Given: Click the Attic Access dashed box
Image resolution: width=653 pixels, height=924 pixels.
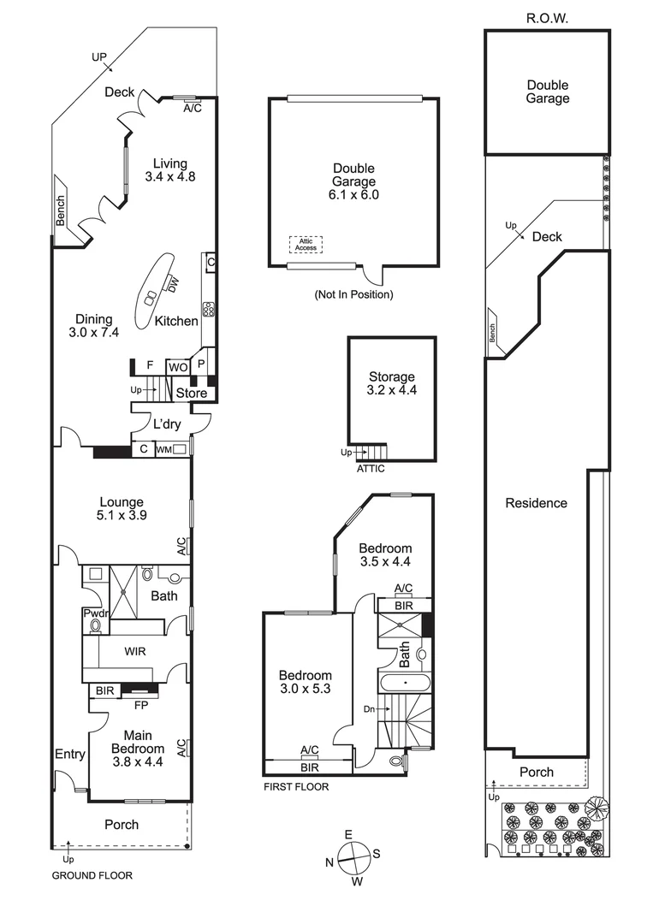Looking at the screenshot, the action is [306, 245].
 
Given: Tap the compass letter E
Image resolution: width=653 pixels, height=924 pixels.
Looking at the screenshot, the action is [348, 834].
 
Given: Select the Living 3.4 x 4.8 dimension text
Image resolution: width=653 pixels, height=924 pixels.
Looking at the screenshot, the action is [170, 175].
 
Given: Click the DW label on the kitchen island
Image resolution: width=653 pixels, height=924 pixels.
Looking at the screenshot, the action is [172, 286].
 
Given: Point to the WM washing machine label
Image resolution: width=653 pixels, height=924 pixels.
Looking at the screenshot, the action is [163, 450].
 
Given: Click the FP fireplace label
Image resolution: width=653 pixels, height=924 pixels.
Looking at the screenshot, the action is [141, 705].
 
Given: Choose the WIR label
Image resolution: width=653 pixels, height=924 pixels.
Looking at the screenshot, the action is [135, 651].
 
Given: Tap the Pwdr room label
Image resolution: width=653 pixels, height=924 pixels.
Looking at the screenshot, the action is [96, 613].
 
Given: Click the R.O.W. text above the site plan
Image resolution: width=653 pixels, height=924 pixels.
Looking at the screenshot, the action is [547, 18].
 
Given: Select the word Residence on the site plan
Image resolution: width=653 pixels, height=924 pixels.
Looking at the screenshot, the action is [537, 503].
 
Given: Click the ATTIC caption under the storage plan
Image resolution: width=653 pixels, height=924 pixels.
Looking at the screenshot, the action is [371, 469].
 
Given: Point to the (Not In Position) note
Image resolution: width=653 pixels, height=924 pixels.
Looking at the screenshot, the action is [353, 294].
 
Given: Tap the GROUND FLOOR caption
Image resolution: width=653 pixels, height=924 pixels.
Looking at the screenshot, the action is [92, 876].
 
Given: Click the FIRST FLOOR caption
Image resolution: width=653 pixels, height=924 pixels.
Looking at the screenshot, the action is [296, 787].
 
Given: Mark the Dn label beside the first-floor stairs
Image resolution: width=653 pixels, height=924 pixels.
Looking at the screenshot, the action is [369, 709].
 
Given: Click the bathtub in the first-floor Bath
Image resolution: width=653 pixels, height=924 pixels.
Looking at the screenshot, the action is [405, 683].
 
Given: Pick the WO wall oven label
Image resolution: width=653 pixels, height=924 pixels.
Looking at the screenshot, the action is [178, 368].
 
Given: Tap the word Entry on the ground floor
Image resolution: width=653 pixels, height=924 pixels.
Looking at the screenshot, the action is [70, 754].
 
